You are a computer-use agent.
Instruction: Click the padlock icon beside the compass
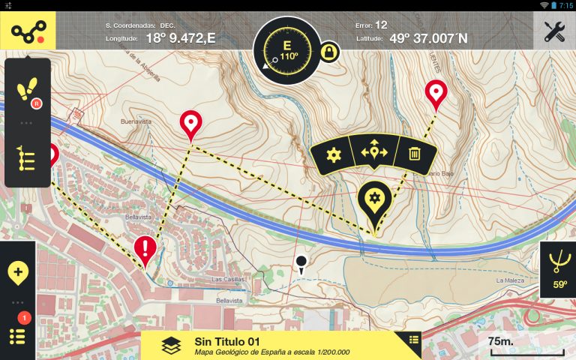pos(328,52)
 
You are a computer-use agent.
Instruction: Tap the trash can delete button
pos(414,154)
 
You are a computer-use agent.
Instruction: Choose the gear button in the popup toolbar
pos(334,154)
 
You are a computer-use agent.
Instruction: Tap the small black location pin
pos(301,263)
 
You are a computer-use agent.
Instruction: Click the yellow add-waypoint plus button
pos(18,271)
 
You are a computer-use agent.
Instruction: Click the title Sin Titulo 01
pos(226,341)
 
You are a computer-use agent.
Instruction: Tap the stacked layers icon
pos(171,345)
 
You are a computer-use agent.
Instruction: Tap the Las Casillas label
pos(228,279)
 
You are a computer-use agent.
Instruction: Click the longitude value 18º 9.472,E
pos(180,37)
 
